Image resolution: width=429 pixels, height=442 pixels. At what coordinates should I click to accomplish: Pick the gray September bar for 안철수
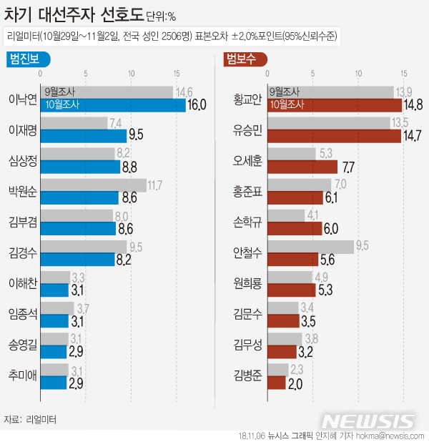click(311, 247)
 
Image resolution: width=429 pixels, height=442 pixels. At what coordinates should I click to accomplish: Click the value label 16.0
click(197, 105)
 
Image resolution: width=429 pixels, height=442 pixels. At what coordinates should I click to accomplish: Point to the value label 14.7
click(413, 136)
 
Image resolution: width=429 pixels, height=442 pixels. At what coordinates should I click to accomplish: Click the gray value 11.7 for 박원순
click(157, 185)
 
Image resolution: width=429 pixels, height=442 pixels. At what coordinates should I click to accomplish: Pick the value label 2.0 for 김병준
click(296, 383)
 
